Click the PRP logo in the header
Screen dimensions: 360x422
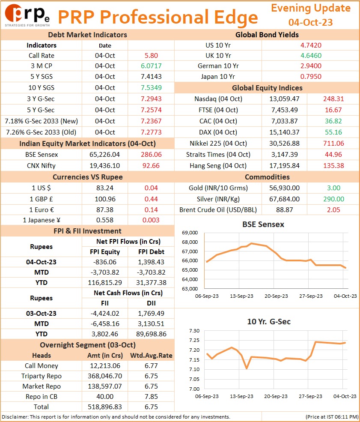tap(27, 15)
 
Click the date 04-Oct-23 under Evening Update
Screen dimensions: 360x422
tap(310, 22)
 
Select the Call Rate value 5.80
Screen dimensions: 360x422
tap(151, 55)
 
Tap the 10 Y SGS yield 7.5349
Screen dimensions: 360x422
tap(151, 87)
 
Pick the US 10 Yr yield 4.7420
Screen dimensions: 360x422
tap(311, 45)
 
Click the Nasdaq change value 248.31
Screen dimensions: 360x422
tap(333, 99)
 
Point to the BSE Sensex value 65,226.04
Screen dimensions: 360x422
tap(104, 155)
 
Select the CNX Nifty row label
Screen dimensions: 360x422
tap(41, 165)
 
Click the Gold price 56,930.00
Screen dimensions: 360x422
tap(284, 188)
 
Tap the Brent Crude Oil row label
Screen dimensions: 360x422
tap(218, 210)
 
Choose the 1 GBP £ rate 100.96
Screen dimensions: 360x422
tap(105, 199)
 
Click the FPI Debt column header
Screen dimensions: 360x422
tap(151, 251)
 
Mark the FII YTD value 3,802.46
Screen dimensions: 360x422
tap(104, 334)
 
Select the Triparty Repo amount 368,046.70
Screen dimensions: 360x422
tap(104, 376)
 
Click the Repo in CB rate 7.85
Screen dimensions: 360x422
tap(151, 396)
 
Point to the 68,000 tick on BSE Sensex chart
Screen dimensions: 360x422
tap(190, 242)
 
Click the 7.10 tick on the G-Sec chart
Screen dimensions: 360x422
tap(194, 369)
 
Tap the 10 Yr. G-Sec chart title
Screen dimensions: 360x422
tap(269, 322)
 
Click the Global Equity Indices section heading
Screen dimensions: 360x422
tap(267, 88)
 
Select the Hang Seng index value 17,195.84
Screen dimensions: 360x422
tap(284, 165)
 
